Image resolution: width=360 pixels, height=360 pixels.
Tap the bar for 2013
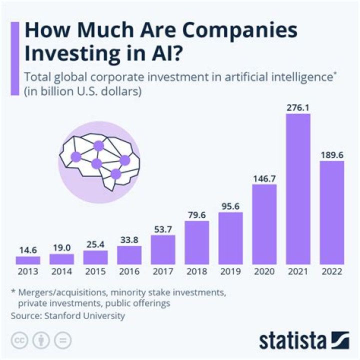27,260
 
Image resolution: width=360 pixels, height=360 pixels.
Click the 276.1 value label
298,107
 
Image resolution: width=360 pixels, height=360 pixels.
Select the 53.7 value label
162,228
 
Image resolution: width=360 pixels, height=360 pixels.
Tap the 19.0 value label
61,247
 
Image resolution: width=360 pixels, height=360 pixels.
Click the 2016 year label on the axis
129,272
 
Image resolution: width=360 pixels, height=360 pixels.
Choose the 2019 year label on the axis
230,272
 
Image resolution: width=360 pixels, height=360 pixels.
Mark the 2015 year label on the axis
95,272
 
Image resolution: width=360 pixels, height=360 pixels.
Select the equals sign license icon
62,340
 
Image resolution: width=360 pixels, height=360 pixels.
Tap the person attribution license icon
41,340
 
